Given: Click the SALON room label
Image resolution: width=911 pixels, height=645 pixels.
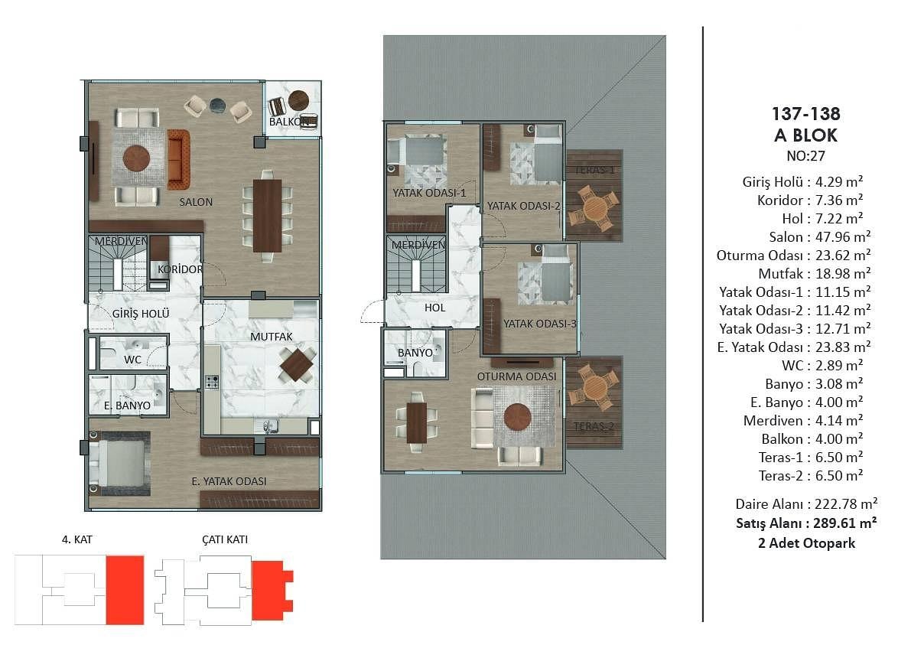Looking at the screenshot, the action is (x=196, y=202).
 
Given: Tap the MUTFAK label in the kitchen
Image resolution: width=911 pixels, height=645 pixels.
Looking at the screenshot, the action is (x=272, y=337).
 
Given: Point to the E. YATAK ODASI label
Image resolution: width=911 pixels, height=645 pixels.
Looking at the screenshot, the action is (x=229, y=481).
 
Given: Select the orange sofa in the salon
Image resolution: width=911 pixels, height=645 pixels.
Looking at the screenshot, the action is (x=178, y=160).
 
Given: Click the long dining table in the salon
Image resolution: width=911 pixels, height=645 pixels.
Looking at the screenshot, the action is (x=267, y=216).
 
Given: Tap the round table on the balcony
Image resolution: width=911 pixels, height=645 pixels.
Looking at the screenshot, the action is (x=298, y=100).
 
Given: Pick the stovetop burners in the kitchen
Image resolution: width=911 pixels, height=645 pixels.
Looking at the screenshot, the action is (x=212, y=382).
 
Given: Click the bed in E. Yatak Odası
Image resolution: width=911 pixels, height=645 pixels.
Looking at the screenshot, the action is (x=119, y=463).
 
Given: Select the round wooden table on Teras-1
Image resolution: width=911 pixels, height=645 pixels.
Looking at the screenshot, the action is (x=594, y=207).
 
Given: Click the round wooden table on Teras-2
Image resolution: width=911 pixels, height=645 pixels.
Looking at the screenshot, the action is (x=594, y=388).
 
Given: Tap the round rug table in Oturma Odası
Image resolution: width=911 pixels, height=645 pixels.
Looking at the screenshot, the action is (x=517, y=417).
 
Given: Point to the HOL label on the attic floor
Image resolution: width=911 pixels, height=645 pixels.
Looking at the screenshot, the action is (x=434, y=308).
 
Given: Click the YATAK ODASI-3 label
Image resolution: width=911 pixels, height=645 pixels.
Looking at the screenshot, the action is (x=540, y=324).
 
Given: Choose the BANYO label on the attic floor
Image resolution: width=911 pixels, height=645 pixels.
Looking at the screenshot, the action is (x=415, y=353).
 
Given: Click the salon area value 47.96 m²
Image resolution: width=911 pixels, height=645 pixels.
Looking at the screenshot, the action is (x=842, y=237).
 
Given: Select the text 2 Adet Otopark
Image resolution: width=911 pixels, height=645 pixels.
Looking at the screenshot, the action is (x=806, y=543).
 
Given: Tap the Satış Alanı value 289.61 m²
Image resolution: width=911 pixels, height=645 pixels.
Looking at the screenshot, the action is (x=844, y=523).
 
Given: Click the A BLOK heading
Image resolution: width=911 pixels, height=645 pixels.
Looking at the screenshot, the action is (x=806, y=135).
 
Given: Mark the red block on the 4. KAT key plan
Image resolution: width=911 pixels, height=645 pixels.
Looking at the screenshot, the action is (x=125, y=591).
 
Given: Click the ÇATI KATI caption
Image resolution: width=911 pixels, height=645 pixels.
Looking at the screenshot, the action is (x=225, y=540).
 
